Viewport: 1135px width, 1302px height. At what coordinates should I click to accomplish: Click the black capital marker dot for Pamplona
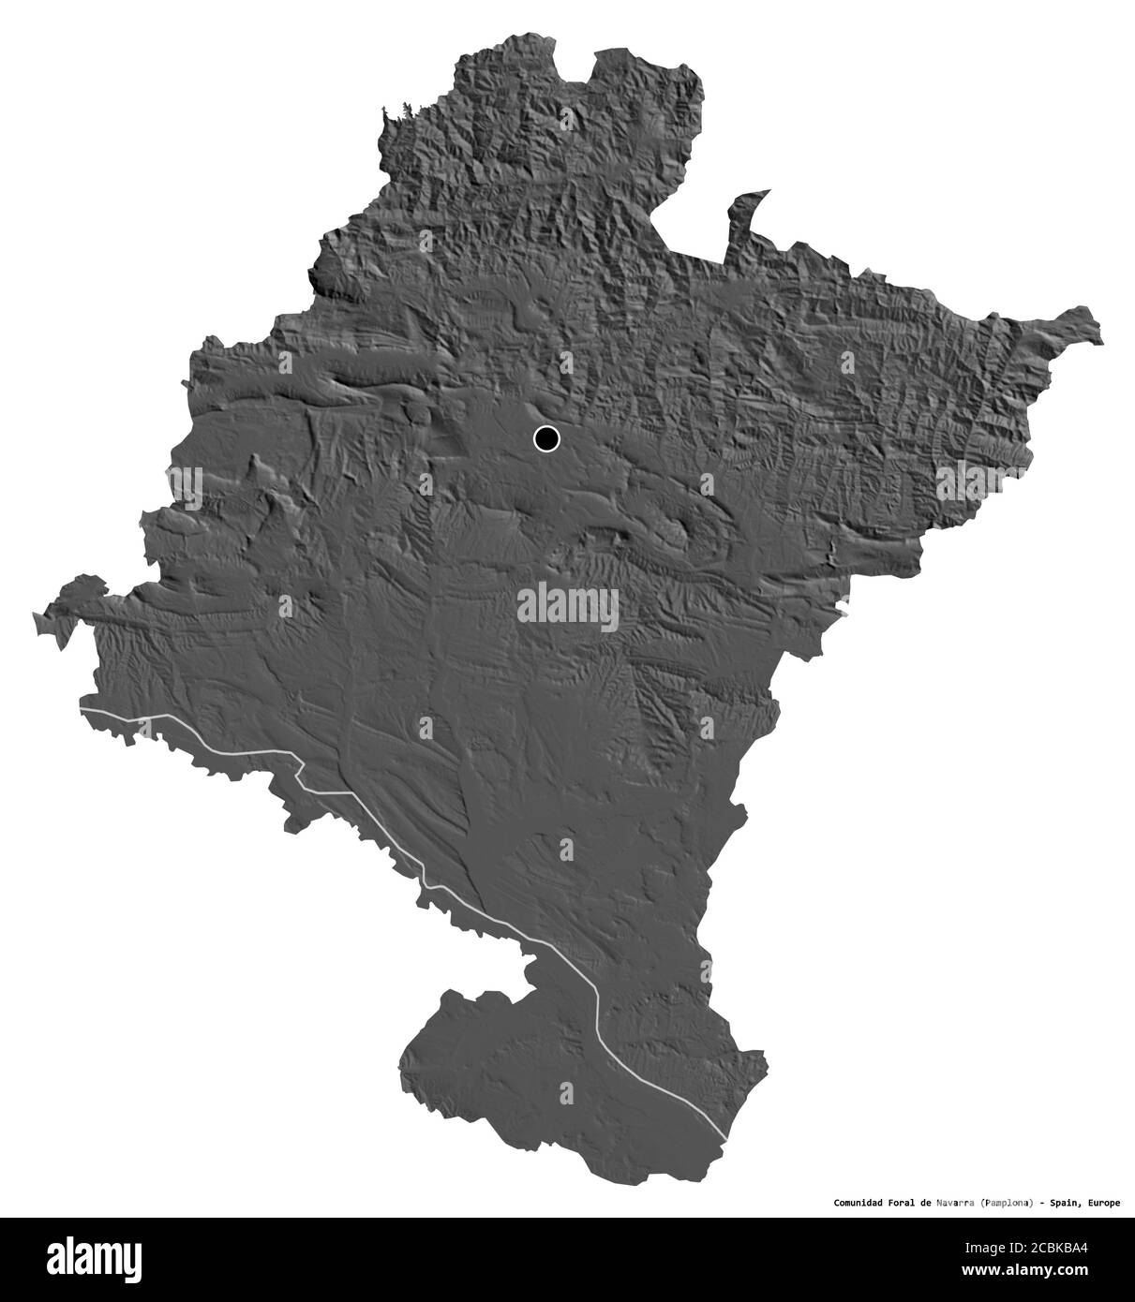pos(545,437)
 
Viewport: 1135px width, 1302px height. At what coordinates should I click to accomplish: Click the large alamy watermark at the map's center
pos(567,604)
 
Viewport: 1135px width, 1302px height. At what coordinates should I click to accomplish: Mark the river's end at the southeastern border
pos(725,1138)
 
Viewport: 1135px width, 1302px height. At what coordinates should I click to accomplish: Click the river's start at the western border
pos(82,712)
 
